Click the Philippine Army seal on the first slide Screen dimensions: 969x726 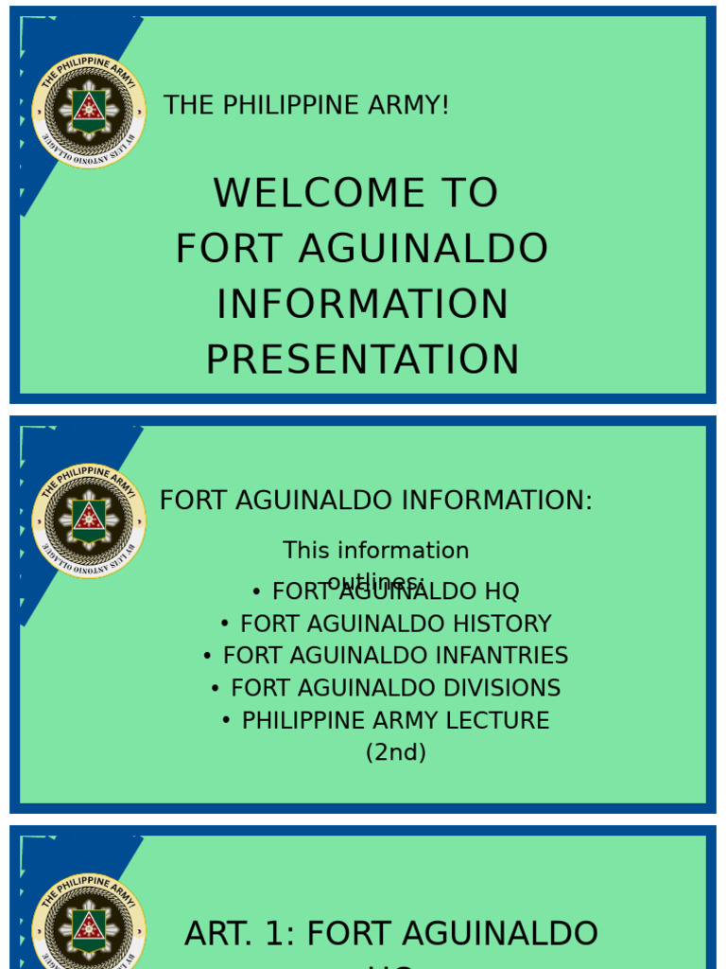(x=89, y=111)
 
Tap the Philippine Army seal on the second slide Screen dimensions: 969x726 (x=89, y=520)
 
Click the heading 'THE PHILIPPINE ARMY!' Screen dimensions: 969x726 (x=305, y=105)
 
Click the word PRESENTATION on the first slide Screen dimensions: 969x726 (x=362, y=361)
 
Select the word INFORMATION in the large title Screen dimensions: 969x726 (x=362, y=305)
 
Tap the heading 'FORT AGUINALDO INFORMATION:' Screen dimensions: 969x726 (x=375, y=501)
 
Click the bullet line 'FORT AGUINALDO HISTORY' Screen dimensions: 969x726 (x=395, y=625)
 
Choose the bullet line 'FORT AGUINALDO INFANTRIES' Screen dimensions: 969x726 (x=395, y=656)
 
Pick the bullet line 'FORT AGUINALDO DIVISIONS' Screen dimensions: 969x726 (x=395, y=688)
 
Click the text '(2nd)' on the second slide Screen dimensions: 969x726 (x=395, y=753)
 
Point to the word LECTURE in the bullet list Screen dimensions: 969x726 (x=505, y=721)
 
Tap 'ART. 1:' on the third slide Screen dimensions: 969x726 (x=240, y=934)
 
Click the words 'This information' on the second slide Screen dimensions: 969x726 (x=375, y=551)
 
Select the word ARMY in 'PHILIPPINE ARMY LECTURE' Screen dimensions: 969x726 (x=423, y=721)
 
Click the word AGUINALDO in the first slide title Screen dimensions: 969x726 (x=423, y=249)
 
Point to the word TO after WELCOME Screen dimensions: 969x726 (x=466, y=193)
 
